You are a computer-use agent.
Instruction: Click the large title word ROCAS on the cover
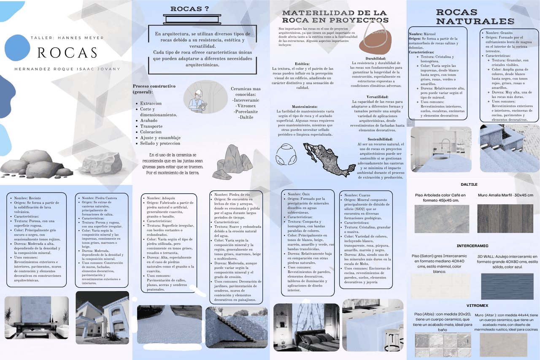(x=67, y=52)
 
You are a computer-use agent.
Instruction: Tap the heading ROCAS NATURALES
(x=475, y=17)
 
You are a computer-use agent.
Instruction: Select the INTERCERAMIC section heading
(x=472, y=246)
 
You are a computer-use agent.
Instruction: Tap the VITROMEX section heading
(x=477, y=305)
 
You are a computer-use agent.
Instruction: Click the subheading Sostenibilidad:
(x=380, y=139)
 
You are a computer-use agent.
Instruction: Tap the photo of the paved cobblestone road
(x=169, y=324)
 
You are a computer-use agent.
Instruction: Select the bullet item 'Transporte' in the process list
(x=151, y=126)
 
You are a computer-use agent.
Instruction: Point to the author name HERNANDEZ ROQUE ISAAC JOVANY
(x=67, y=69)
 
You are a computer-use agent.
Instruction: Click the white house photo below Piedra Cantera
(x=102, y=317)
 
